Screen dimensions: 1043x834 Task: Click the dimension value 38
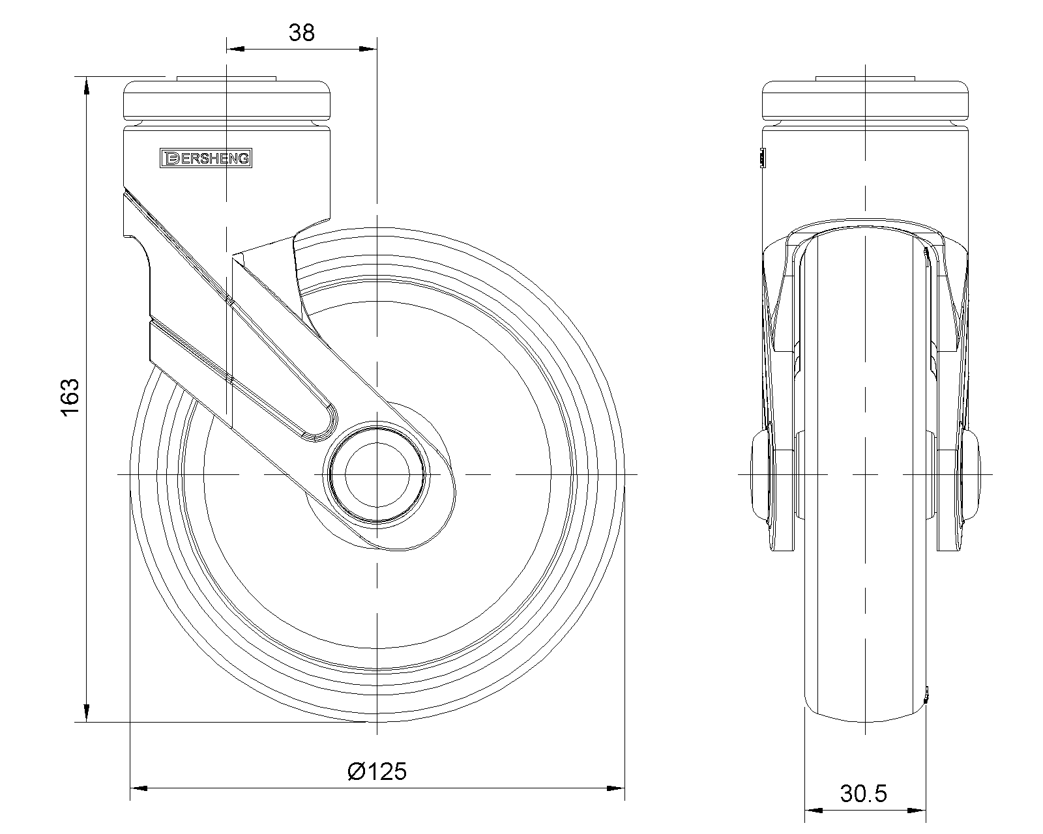point(301,33)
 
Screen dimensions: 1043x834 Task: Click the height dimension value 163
point(71,397)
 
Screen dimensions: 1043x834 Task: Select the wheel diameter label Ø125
point(377,771)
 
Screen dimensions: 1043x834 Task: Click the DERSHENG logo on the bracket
point(206,158)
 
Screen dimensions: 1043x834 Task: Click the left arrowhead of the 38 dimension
point(236,49)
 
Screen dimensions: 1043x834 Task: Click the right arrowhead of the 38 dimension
point(368,49)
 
